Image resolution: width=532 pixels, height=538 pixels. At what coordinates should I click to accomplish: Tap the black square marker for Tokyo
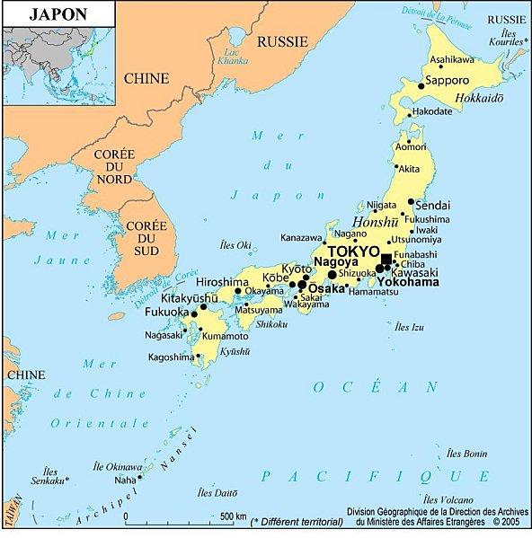386,260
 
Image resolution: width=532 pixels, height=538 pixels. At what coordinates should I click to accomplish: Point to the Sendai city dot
411,202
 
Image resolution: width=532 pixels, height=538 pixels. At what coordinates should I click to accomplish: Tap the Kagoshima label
171,357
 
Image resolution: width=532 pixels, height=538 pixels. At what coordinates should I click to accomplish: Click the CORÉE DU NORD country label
114,169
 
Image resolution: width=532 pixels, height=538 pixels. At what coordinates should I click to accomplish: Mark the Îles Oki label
235,244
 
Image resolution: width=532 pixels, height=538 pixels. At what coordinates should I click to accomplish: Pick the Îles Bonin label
467,454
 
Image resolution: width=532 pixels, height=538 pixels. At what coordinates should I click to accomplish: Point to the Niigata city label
381,205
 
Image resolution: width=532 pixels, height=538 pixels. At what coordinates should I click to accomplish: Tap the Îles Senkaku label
49,477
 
